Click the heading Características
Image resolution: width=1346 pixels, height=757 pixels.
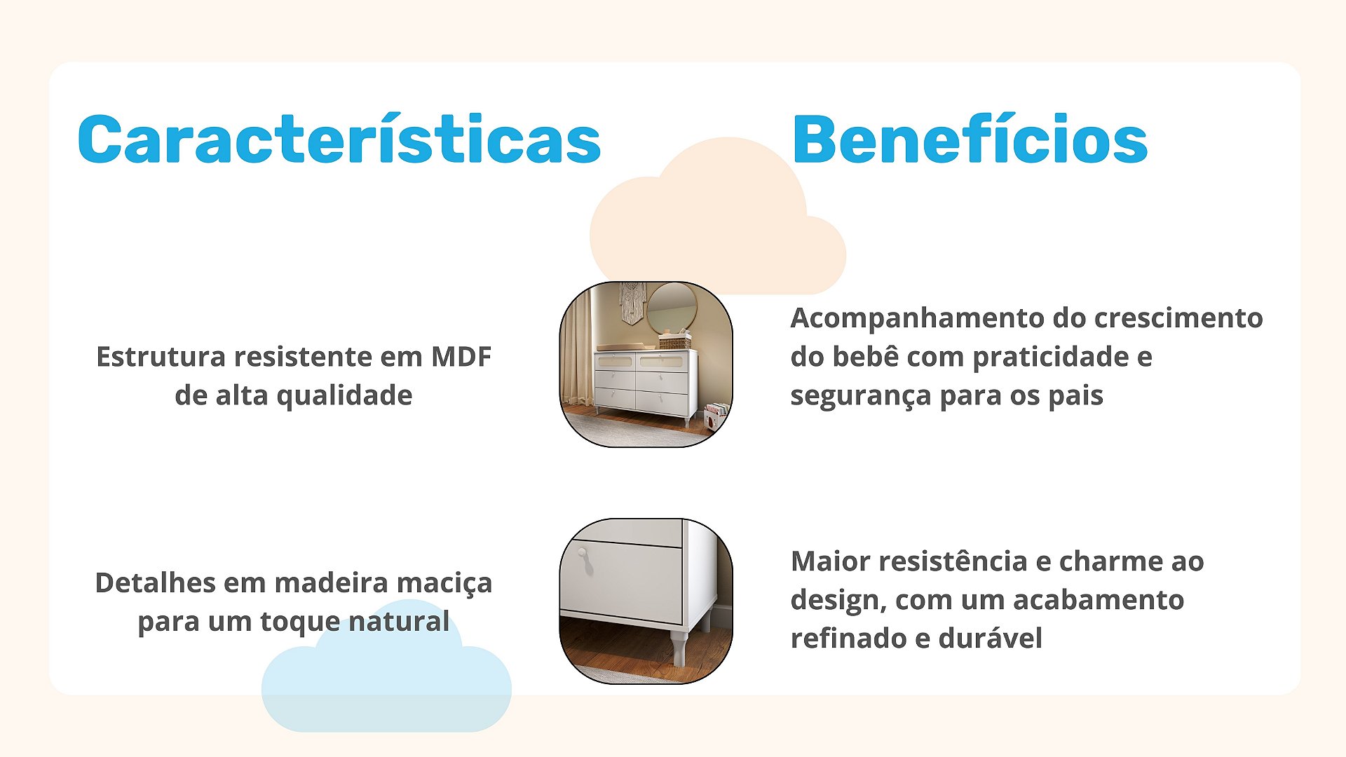[339, 139]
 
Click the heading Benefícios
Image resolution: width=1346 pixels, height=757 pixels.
[970, 139]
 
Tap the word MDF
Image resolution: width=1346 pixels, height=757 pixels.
[461, 357]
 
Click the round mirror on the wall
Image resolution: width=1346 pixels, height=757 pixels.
[672, 308]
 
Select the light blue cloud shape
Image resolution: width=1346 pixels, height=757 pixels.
[386, 673]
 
